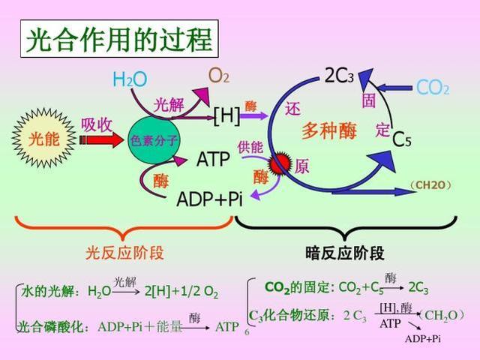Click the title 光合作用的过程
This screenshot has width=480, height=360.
119,39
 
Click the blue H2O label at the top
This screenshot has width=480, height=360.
130,79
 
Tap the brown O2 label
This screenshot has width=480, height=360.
218,75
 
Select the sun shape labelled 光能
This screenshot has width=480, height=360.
44,139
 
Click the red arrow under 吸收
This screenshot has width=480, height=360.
102,140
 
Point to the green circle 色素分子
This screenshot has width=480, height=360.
154,140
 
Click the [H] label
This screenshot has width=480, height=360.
226,116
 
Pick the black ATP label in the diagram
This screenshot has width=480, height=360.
213,159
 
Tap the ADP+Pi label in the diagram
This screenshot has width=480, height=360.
209,199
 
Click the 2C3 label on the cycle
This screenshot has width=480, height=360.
339,75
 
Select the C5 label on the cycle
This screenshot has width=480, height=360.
402,139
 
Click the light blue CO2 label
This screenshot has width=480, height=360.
433,88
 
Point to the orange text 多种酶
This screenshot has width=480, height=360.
328,131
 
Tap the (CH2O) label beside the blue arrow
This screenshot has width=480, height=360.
431,185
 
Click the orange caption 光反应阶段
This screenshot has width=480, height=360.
125,253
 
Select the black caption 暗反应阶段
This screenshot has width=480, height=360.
345,253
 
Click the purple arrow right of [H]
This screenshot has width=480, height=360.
254,115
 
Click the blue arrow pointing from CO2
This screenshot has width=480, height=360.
394,88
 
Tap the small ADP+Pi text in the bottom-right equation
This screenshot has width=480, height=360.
423,339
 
